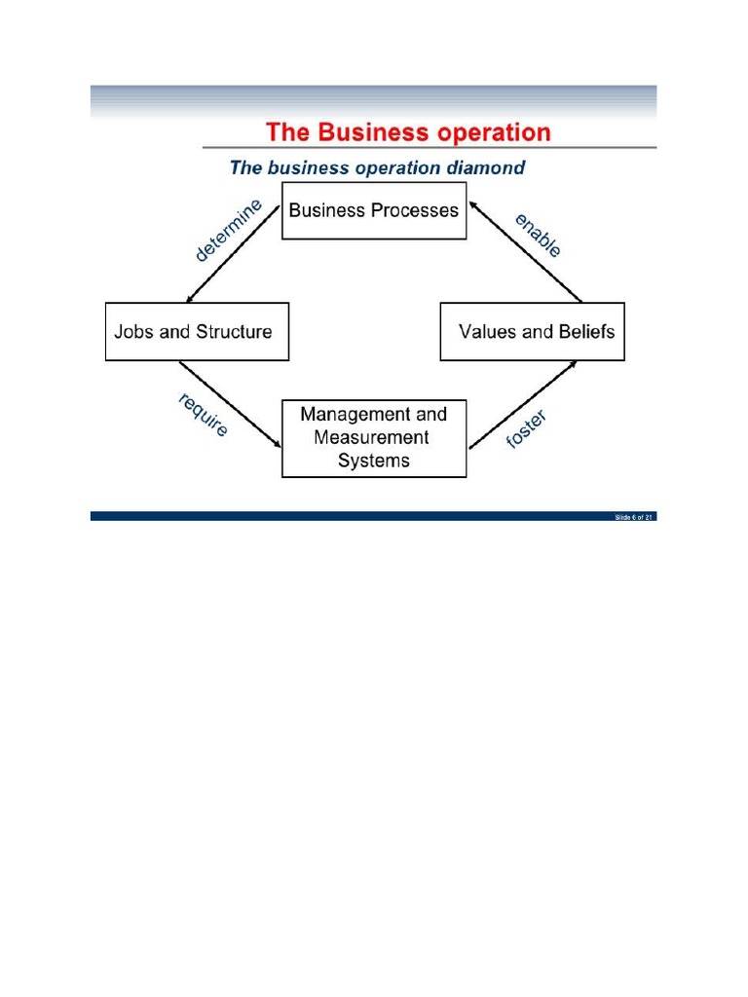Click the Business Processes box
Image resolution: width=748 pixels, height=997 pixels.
[x=374, y=211]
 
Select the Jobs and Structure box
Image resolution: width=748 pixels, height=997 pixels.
[x=197, y=332]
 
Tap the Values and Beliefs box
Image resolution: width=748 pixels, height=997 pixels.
[x=532, y=332]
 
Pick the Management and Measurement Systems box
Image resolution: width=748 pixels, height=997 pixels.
[x=374, y=438]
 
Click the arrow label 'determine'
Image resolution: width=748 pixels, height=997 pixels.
[x=229, y=231]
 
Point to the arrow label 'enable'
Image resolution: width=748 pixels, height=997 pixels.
[x=539, y=235]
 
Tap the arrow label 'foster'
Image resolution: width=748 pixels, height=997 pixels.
[x=527, y=430]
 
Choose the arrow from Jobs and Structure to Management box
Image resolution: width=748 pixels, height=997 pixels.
[x=231, y=405]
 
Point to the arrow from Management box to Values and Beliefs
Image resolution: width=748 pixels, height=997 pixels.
[x=523, y=405]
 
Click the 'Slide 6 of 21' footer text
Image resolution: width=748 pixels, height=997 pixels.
[x=633, y=517]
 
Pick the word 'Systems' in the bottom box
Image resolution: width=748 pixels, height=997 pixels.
[x=374, y=462]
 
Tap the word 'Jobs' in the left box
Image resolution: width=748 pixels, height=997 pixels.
[x=133, y=332]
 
